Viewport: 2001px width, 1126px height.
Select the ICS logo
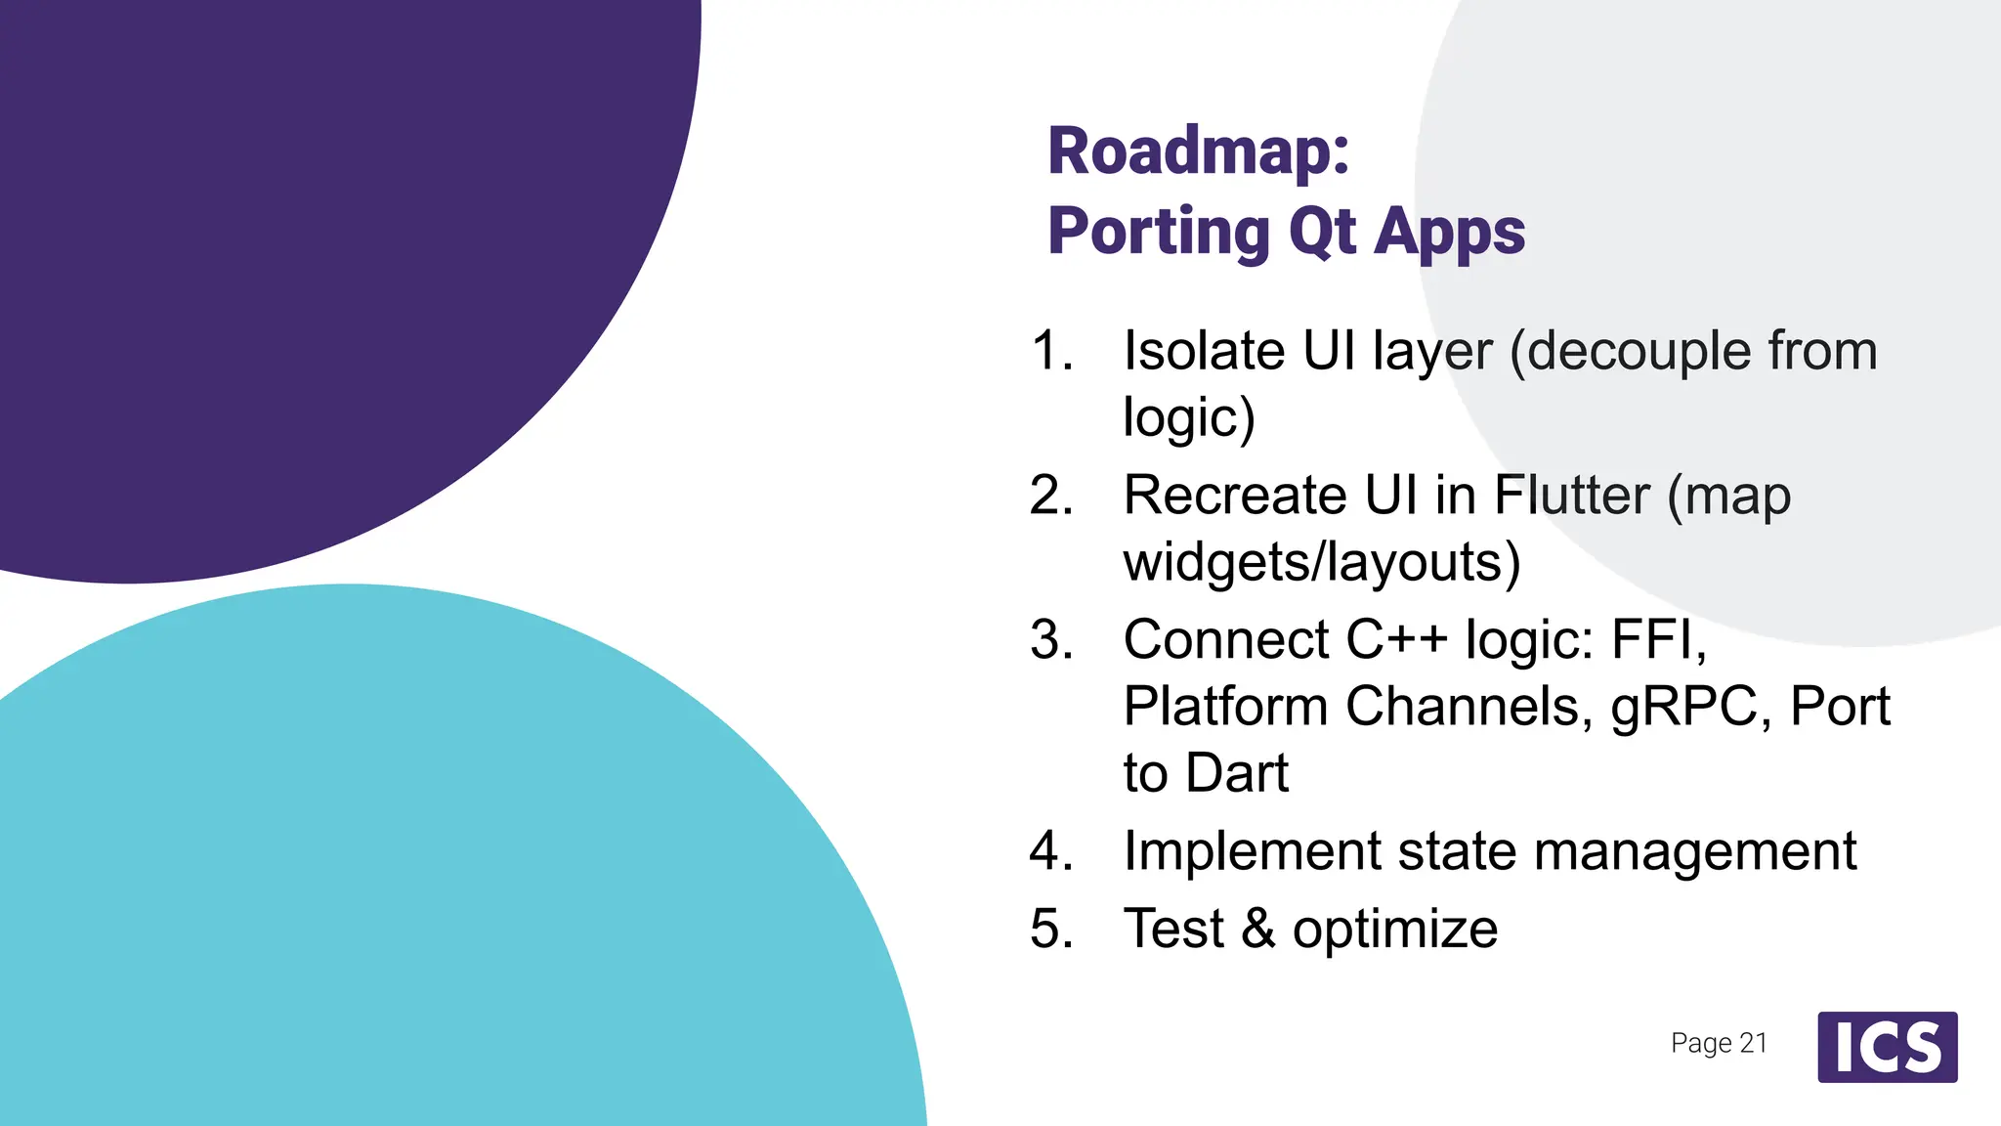1887,1047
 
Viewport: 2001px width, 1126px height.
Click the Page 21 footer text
1719,1043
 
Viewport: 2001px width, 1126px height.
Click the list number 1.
1051,351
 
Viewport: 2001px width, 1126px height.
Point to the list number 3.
1051,640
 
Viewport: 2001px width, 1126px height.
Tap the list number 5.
1051,929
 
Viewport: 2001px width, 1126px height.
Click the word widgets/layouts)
1321,564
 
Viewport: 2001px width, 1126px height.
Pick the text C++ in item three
1396,640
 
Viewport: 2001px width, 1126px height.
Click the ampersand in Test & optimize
1258,929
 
